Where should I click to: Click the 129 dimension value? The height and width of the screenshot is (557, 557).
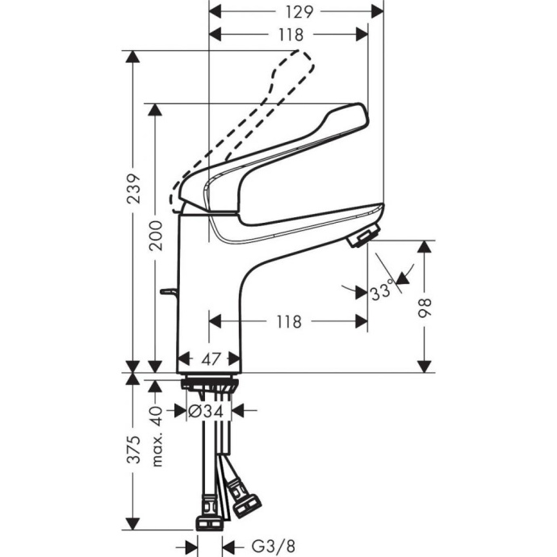[296, 11]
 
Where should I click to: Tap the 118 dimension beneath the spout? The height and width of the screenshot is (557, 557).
[287, 321]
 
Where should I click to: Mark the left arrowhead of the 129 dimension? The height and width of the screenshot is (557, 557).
[214, 12]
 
